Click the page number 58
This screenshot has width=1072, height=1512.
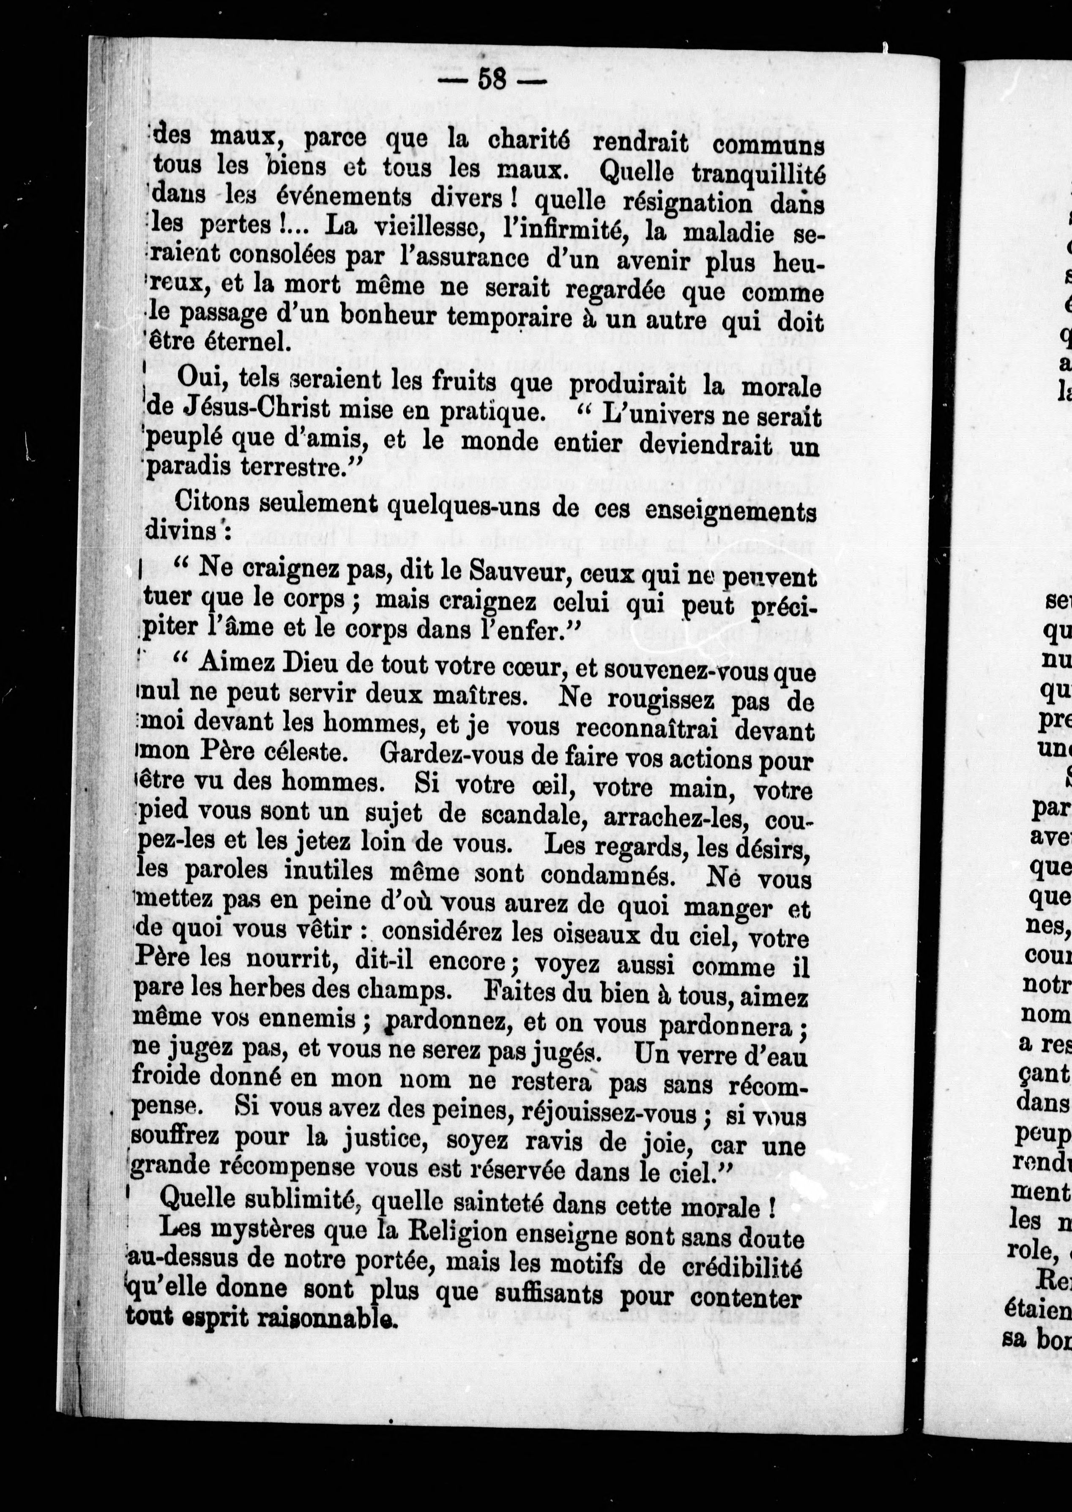click(492, 80)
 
